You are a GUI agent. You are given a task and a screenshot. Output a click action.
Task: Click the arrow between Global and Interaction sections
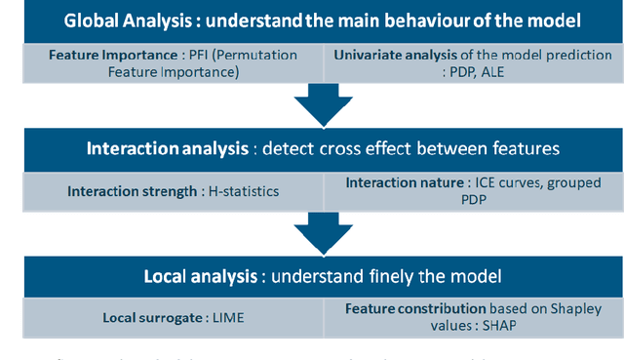tap(312, 104)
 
